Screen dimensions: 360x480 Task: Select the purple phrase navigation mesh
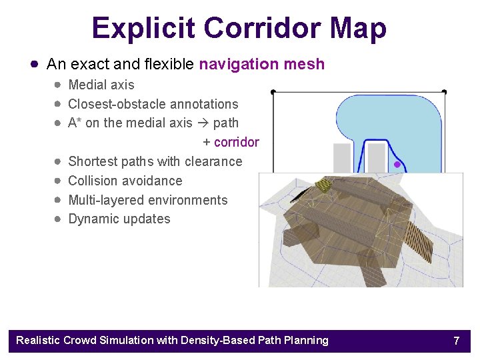pos(261,65)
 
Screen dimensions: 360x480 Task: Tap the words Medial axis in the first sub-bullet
pos(101,85)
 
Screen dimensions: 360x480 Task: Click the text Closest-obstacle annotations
pos(153,104)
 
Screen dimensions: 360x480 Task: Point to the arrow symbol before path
pos(203,123)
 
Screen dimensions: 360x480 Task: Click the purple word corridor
pos(236,142)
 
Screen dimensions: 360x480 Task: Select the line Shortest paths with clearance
pos(155,161)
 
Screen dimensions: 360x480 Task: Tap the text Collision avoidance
pos(125,181)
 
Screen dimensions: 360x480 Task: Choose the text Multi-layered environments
pos(147,200)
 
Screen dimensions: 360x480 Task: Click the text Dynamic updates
pos(119,219)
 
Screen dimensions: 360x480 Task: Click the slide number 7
pos(456,341)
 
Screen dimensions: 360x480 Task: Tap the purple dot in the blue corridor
pos(397,164)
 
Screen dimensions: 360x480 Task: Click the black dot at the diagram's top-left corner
pos(273,91)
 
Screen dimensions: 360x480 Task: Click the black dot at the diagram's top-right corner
pos(444,91)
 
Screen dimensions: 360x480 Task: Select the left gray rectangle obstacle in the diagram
pos(342,159)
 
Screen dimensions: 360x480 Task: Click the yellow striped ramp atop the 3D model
pos(323,185)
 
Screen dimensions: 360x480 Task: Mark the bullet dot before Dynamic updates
pos(59,219)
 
